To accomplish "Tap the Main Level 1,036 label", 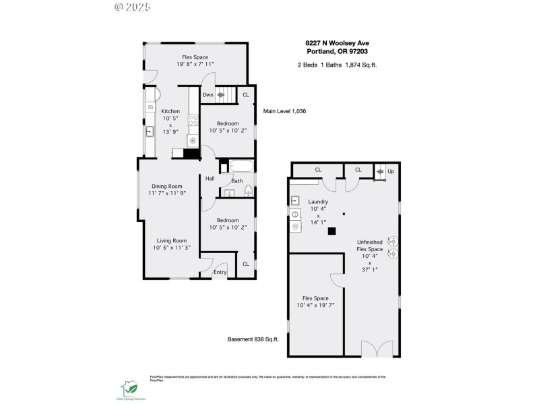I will pos(284,111).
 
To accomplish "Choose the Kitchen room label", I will pos(170,111).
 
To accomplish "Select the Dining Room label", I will pos(166,186).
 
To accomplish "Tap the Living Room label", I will pos(171,240).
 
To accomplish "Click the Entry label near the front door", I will pos(220,272).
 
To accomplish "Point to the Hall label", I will pos(210,178).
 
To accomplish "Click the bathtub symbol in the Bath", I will pos(241,166).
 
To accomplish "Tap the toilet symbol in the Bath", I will pos(247,191).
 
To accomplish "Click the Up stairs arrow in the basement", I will pos(381,172).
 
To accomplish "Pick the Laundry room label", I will pos(317,201).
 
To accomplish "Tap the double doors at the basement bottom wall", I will pos(375,349).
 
